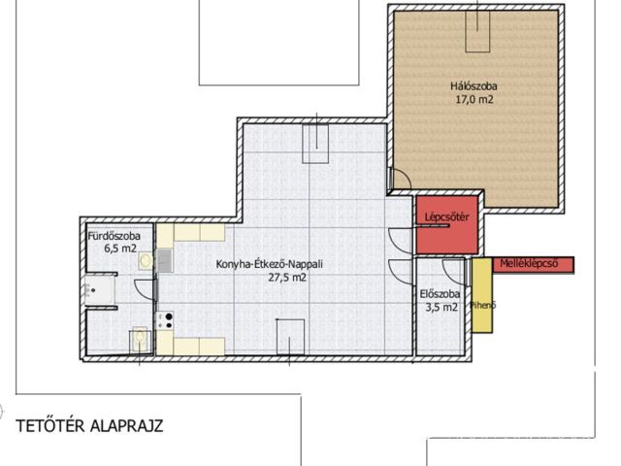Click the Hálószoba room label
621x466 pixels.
(x=474, y=86)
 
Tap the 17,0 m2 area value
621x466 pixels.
(x=474, y=99)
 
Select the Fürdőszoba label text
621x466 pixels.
(x=114, y=236)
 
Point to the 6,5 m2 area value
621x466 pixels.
(x=120, y=249)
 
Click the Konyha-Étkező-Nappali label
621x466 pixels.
(x=270, y=264)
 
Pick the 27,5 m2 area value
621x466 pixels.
(x=287, y=278)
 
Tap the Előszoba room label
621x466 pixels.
(x=440, y=294)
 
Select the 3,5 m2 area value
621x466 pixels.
(x=441, y=307)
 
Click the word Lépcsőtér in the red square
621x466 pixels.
(x=446, y=217)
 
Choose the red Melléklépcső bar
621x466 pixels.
(x=533, y=265)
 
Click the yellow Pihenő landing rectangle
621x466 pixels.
(x=482, y=295)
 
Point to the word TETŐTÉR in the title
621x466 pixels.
(x=49, y=426)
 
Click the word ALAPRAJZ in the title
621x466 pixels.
(x=127, y=426)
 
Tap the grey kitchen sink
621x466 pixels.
(x=165, y=260)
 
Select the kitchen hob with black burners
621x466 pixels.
(x=165, y=320)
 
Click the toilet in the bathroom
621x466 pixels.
(x=140, y=339)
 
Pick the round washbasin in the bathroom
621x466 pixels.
(x=146, y=260)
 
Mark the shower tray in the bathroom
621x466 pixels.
(x=100, y=291)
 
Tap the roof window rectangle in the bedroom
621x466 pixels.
(x=477, y=32)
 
